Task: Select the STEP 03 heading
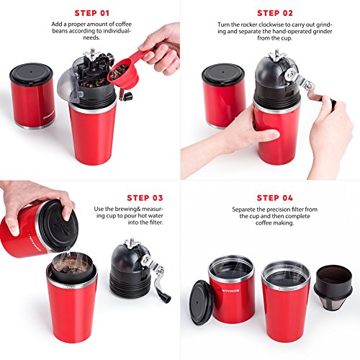(x=145, y=196)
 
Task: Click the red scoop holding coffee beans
(x=120, y=69)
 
